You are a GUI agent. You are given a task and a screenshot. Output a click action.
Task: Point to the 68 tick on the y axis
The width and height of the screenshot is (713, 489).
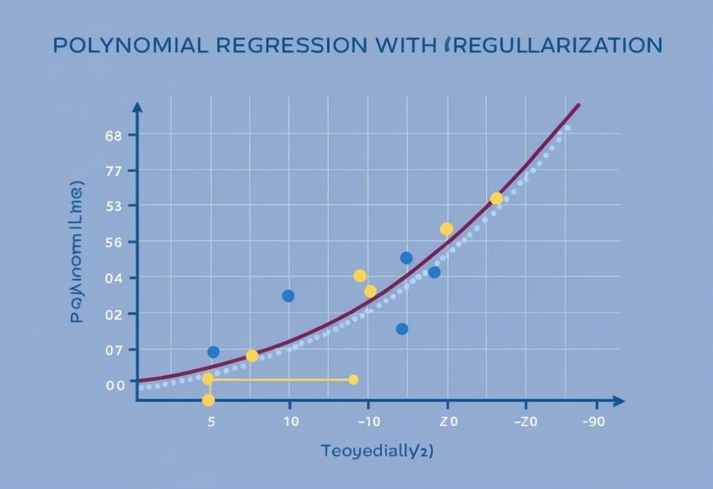pyautogui.click(x=114, y=135)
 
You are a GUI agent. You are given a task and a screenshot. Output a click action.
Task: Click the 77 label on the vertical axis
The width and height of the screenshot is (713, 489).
pyautogui.click(x=114, y=171)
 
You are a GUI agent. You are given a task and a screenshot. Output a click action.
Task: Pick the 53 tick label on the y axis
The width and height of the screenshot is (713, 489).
pyautogui.click(x=114, y=206)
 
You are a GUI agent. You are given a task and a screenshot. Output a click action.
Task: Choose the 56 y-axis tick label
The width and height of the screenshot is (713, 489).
pyautogui.click(x=114, y=242)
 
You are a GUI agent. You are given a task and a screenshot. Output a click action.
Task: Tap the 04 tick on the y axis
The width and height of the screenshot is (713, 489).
pyautogui.click(x=114, y=278)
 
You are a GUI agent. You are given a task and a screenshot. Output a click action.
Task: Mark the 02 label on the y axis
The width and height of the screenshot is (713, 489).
pyautogui.click(x=114, y=314)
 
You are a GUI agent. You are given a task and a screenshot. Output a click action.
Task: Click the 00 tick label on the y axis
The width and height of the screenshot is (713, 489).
pyautogui.click(x=115, y=385)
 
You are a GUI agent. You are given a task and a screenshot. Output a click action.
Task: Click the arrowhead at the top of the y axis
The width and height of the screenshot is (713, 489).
pyautogui.click(x=138, y=107)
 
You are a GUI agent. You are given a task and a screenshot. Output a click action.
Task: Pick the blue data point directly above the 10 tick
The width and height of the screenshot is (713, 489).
pyautogui.click(x=288, y=296)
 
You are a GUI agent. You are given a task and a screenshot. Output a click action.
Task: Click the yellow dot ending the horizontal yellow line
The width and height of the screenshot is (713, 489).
pyautogui.click(x=353, y=380)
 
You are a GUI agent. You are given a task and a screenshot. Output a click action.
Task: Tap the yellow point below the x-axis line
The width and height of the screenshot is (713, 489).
pyautogui.click(x=208, y=400)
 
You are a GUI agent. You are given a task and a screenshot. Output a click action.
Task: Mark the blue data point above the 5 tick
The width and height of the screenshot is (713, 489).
pyautogui.click(x=213, y=352)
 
